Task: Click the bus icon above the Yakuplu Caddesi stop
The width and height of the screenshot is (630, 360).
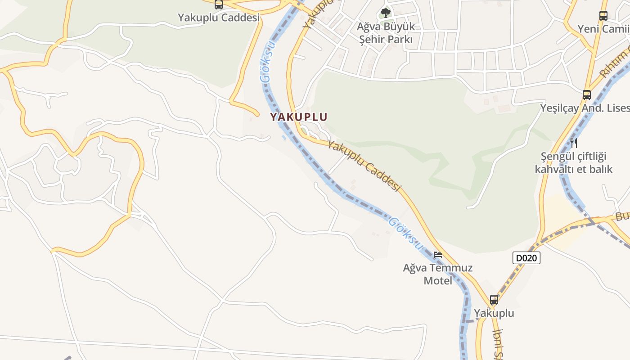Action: (x=219, y=5)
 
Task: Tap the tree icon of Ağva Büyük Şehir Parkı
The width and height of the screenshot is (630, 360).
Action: (x=385, y=13)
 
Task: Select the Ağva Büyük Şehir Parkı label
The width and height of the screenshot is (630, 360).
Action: (x=386, y=33)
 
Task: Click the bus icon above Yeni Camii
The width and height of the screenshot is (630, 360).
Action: (x=603, y=16)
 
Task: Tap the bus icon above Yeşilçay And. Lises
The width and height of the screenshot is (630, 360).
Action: (x=587, y=95)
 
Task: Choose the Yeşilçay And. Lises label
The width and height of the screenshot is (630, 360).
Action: (x=585, y=108)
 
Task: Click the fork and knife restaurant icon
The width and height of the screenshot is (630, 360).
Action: (x=574, y=143)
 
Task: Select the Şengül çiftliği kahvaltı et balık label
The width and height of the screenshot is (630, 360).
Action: (x=574, y=163)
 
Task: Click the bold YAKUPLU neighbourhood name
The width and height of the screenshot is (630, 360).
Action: (x=299, y=117)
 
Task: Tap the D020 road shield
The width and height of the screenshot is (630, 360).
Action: (x=526, y=258)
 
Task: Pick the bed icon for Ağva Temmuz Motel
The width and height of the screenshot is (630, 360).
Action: (x=437, y=255)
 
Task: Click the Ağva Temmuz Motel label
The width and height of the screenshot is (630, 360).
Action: (x=438, y=274)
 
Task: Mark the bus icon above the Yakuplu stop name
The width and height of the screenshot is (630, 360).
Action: (x=494, y=300)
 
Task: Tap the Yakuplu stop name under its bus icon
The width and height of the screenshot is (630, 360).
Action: (x=494, y=313)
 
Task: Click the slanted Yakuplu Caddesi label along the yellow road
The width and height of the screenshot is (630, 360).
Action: (x=364, y=166)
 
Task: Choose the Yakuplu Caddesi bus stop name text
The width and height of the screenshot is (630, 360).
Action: (x=219, y=18)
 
